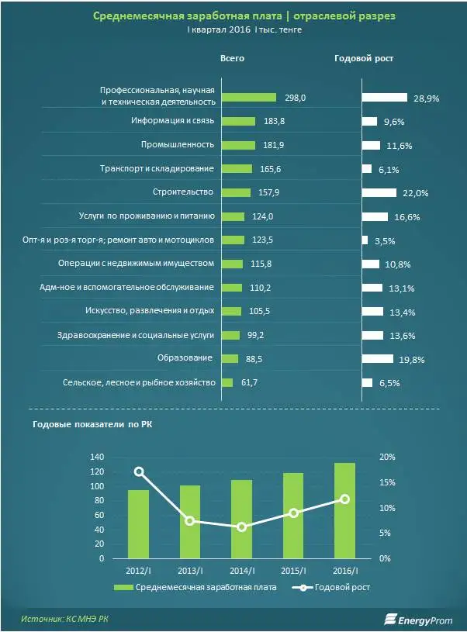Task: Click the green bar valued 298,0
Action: (248, 97)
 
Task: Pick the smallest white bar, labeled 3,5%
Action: (365, 240)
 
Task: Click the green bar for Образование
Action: (228, 358)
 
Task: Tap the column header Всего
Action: (232, 58)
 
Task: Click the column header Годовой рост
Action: (364, 58)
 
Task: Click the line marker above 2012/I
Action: (139, 471)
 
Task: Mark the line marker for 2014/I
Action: (242, 527)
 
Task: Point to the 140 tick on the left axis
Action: (96, 457)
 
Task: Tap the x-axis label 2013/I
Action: (190, 571)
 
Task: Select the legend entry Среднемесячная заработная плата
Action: (195, 587)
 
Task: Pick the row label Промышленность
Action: (177, 145)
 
